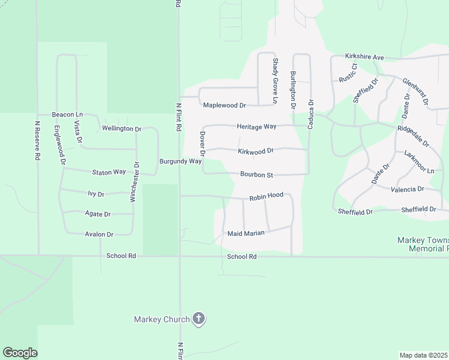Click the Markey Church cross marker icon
coord(199,319)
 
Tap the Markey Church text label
coord(161,319)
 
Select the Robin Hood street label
coord(266,196)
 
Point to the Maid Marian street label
coord(246,233)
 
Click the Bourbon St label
coord(256,175)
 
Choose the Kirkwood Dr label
coord(255,151)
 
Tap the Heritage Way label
coord(256,127)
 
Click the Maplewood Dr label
coord(224,105)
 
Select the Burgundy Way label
coord(180,161)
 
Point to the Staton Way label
coord(109,172)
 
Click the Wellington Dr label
coord(121,128)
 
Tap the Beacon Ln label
coord(67,114)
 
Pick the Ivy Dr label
coord(96,194)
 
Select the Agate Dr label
coord(99,214)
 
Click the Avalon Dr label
coord(99,234)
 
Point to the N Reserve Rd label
coord(37,141)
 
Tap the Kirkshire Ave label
coord(364,57)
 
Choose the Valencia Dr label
coord(408,188)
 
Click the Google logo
coord(20,353)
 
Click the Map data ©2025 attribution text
coord(424,355)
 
